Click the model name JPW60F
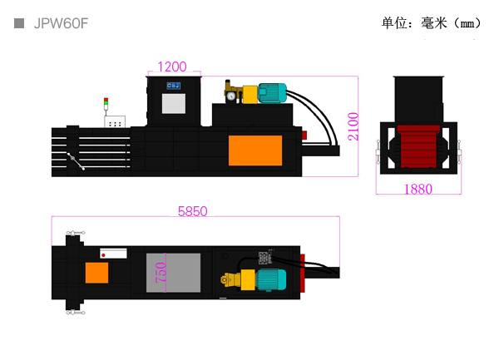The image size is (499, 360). [61, 23]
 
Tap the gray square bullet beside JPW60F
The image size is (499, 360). [19, 23]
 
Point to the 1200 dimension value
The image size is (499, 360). [172, 67]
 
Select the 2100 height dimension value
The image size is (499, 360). [353, 126]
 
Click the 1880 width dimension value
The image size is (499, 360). [417, 190]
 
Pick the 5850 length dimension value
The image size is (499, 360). [193, 211]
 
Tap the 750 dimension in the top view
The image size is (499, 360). [161, 272]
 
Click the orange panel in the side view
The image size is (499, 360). [255, 150]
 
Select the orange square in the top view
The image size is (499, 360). [96, 273]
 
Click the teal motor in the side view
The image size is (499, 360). [273, 93]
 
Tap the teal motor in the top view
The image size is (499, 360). [271, 279]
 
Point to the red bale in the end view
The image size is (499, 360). [418, 146]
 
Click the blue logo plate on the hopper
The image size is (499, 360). [174, 86]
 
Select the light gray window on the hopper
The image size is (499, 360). [174, 103]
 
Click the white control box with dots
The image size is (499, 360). [115, 121]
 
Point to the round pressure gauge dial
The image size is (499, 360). [231, 96]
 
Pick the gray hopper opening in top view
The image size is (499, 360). [174, 273]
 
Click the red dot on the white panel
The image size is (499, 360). [103, 255]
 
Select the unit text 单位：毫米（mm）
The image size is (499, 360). [431, 23]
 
